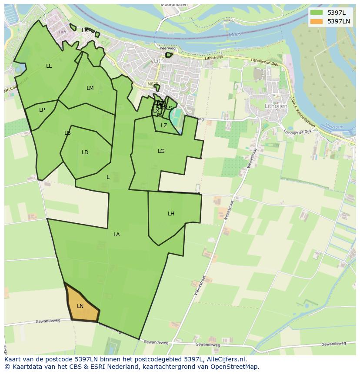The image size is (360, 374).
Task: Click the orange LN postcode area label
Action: (x=80, y=306)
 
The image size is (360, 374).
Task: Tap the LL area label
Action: (x=49, y=66)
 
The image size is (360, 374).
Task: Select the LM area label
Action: (x=90, y=88)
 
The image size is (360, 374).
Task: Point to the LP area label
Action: (x=42, y=110)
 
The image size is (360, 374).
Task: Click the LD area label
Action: (x=85, y=152)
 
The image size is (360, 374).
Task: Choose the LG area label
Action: (x=161, y=151)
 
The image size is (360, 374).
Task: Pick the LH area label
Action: (x=171, y=214)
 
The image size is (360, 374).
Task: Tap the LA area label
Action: (x=117, y=235)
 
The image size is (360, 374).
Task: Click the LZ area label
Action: (x=164, y=126)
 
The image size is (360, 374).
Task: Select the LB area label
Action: (x=67, y=133)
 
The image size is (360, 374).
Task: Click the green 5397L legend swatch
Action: (x=317, y=13)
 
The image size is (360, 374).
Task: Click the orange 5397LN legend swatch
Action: (x=317, y=21)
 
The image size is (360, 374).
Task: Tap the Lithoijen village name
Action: (x=276, y=106)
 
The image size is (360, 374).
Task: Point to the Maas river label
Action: (x=235, y=35)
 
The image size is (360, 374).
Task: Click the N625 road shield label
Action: (x=153, y=84)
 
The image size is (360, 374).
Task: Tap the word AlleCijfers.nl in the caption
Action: (x=226, y=359)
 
